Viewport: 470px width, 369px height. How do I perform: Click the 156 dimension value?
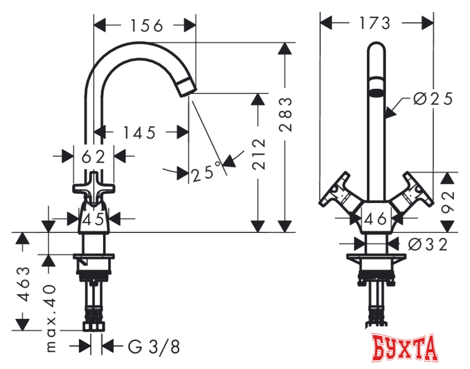pos(146,25)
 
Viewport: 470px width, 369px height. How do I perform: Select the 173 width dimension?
pos(375,23)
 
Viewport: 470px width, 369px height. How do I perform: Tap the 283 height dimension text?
pos(285,115)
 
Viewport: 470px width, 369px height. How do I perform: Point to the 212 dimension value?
pos(259,154)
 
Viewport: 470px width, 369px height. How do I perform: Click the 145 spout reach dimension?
pos(139,133)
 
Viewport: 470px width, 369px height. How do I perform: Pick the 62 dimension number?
pos(93,157)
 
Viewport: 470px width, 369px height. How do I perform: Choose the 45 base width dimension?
pos(93,219)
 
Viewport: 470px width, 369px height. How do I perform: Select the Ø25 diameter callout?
pos(433,99)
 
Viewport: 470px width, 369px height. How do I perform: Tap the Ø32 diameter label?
pos(428,244)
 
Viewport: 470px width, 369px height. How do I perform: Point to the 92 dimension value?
pos(448,202)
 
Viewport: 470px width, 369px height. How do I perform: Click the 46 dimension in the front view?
pos(375,219)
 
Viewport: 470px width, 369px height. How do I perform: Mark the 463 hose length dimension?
pos(24,284)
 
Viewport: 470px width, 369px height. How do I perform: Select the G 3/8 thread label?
pos(154,347)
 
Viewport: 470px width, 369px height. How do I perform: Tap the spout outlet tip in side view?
pos(188,86)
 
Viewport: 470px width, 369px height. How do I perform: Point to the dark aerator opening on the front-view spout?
pos(376,92)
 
